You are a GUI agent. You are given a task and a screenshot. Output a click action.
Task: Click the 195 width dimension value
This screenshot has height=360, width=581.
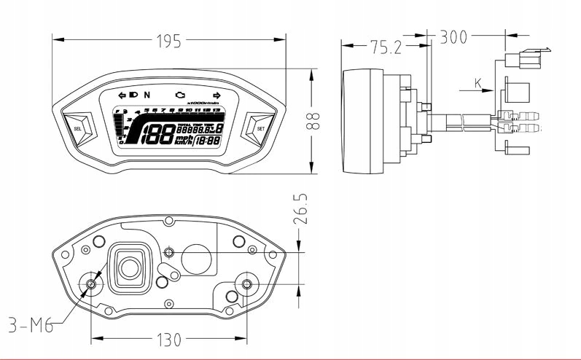(x=169, y=42)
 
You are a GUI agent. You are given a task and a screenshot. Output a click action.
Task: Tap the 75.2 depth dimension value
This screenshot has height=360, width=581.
(x=386, y=47)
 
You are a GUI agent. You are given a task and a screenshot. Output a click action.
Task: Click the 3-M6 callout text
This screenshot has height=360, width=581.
(x=29, y=326)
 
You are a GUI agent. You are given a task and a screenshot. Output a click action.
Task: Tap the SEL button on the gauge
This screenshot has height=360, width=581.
(x=78, y=128)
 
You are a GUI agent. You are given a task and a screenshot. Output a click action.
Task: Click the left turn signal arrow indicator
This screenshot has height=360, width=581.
(x=121, y=95)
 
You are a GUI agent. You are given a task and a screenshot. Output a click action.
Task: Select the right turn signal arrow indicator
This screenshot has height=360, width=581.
(x=217, y=95)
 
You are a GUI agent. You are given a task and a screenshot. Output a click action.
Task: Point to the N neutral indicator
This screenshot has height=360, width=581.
(x=147, y=95)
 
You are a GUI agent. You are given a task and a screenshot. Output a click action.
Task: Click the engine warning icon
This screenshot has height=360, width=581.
(x=180, y=95)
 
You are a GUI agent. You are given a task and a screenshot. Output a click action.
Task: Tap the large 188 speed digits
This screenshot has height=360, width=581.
(x=157, y=133)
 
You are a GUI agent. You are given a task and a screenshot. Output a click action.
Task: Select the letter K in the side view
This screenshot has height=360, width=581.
(x=478, y=84)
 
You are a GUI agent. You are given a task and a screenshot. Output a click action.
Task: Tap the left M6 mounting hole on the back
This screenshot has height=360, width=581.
(x=93, y=284)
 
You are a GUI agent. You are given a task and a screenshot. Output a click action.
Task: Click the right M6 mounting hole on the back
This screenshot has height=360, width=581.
(x=246, y=284)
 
